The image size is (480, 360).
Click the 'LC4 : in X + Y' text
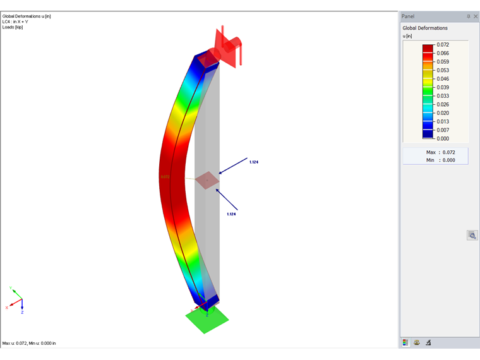[19, 21]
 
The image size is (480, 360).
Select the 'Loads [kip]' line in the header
[13, 27]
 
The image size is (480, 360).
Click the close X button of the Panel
[475, 16]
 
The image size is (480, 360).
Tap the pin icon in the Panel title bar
[468, 16]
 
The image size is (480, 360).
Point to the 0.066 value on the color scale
[443, 54]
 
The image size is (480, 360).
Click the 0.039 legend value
[443, 88]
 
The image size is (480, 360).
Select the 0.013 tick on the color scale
[443, 122]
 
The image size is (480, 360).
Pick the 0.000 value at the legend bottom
[443, 138]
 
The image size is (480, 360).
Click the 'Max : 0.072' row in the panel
[436, 152]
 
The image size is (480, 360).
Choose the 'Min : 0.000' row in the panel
[436, 160]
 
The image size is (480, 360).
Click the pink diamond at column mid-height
[207, 181]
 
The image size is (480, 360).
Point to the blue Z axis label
[22, 312]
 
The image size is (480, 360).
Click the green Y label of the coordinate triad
[11, 289]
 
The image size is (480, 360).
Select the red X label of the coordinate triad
[6, 308]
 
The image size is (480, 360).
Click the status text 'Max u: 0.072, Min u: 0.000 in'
[29, 343]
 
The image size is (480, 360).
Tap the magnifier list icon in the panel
[472, 235]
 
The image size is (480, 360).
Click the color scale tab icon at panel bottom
[405, 342]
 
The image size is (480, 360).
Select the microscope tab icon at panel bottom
[428, 342]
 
